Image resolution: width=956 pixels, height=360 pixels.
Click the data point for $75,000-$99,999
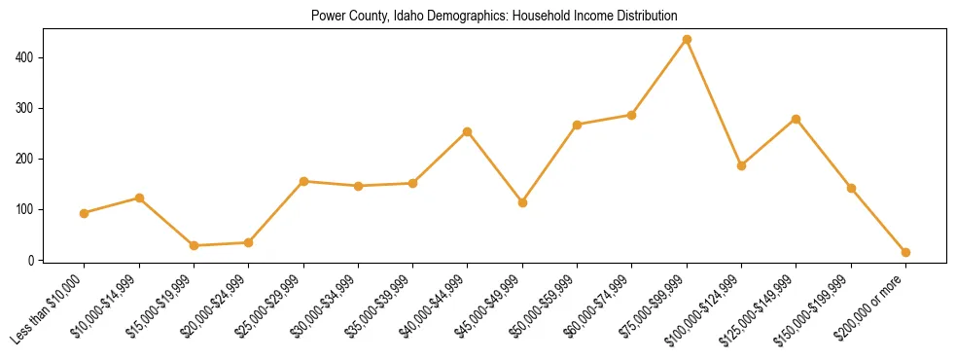pos(687,39)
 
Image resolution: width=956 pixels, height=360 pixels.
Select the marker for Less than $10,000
pos(85,213)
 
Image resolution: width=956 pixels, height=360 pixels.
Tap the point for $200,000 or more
pos(905,252)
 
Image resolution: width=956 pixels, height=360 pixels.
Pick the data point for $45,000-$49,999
pos(522,202)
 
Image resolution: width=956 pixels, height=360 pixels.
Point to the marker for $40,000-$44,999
pos(468,131)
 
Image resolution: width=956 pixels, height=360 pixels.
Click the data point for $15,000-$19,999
pos(195,245)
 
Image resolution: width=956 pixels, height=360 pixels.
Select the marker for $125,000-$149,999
pos(796,119)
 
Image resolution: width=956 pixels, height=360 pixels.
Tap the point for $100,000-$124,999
pos(741,165)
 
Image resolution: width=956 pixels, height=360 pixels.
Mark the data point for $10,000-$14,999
pos(139,198)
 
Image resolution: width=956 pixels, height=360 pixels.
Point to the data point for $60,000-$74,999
pos(631,115)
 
